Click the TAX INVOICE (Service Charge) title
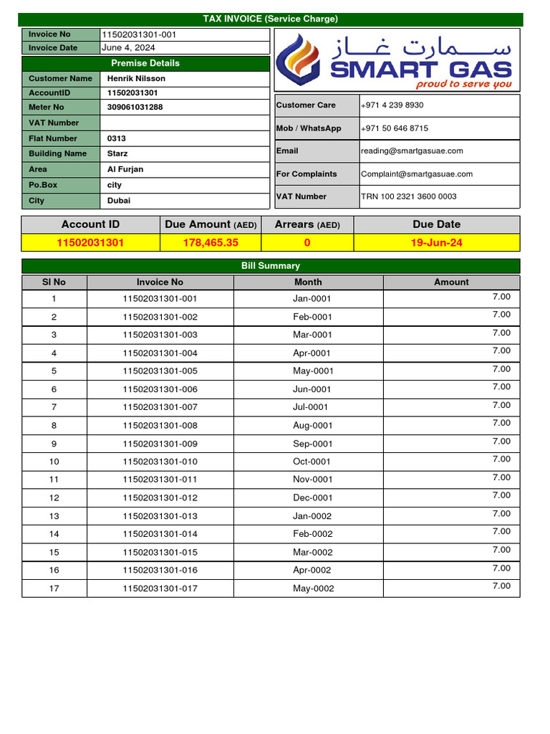[270, 19]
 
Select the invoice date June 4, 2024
[128, 48]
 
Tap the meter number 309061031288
[135, 108]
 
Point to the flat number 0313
[117, 138]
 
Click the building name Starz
[117, 154]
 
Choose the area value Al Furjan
[125, 170]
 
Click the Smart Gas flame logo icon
[301, 61]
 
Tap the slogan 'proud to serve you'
[464, 85]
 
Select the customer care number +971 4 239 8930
[392, 105]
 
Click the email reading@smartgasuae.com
[412, 151]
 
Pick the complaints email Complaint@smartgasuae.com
[417, 174]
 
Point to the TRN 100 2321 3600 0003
[408, 196]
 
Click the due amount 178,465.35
[211, 243]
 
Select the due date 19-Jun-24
[436, 243]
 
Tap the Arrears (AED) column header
[307, 224]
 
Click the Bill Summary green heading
[270, 266]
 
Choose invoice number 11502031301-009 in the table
[160, 444]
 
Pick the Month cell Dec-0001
[313, 498]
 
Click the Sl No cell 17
[54, 588]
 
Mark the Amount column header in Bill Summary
[451, 282]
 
